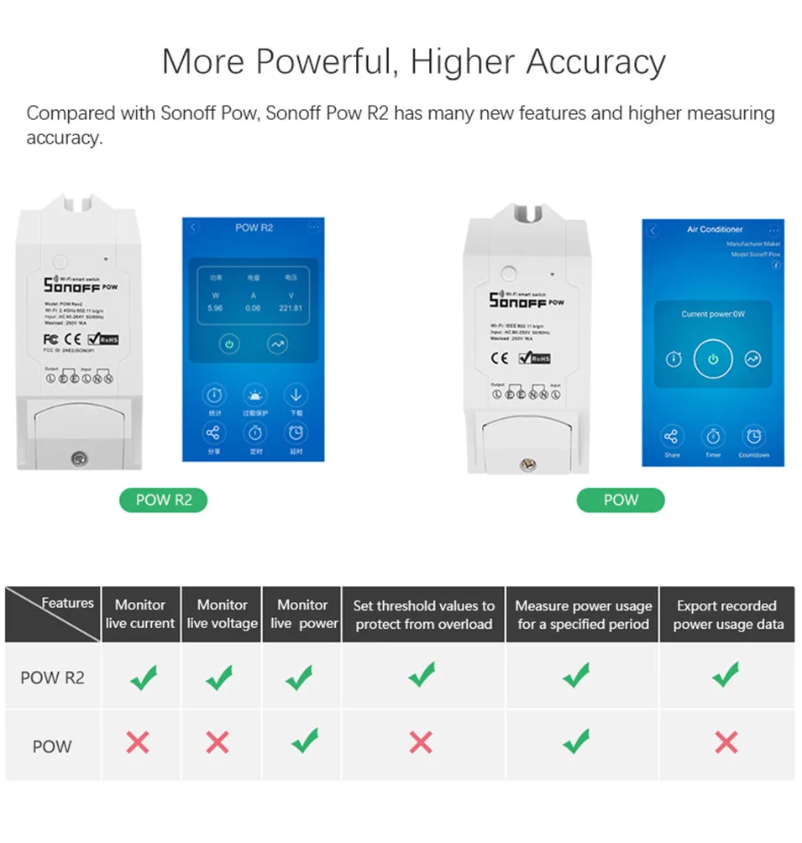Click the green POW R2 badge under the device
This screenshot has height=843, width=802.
tap(164, 500)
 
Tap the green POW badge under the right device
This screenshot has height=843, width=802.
tap(621, 500)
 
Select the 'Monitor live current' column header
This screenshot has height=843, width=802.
tap(140, 614)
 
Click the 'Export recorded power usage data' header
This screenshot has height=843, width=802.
tap(727, 615)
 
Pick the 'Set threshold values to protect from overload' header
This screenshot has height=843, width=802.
tap(423, 615)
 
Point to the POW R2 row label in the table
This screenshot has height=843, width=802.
tap(52, 678)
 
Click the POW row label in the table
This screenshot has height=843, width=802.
tap(52, 746)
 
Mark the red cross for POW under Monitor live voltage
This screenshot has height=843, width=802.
tap(218, 741)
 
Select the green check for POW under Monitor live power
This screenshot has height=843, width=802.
tap(303, 741)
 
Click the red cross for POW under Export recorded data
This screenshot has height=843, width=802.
tap(726, 741)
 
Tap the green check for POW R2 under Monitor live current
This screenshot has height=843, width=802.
tap(144, 677)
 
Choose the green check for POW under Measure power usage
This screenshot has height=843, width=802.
tap(576, 741)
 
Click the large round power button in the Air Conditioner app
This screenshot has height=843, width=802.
tap(713, 359)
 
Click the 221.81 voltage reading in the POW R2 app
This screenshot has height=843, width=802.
tap(290, 308)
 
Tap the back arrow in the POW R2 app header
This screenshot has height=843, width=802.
tap(194, 228)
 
